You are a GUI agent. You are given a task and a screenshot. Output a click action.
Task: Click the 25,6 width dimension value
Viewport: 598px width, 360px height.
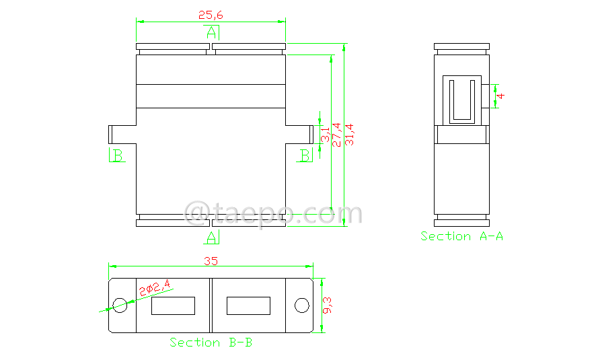[x=211, y=14]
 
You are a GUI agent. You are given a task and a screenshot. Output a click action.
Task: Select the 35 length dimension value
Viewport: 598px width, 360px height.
[x=211, y=261]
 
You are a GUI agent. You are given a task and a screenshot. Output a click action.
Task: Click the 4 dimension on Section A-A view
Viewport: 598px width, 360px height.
[x=501, y=96]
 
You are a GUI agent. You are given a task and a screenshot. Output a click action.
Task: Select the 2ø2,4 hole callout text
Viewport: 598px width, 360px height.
[x=154, y=290]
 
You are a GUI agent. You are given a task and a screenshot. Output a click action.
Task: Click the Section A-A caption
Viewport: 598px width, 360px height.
[x=461, y=236]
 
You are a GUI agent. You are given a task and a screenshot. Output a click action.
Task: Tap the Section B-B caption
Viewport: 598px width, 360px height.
[x=211, y=343]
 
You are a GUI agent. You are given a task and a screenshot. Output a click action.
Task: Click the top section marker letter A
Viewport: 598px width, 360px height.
[x=211, y=32]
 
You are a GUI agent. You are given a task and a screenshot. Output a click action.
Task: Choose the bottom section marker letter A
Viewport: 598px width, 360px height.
[x=211, y=237]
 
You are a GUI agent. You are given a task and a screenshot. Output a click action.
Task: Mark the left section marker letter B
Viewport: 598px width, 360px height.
[x=117, y=156]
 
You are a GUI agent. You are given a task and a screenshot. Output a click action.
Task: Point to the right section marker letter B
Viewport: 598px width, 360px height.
[x=305, y=156]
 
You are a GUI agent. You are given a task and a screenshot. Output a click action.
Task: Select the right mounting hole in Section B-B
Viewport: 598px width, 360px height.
[x=301, y=305]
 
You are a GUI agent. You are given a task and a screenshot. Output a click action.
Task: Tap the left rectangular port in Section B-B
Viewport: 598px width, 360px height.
[x=174, y=306]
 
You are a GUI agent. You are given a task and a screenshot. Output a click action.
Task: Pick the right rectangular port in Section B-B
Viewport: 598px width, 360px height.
[x=248, y=306]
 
